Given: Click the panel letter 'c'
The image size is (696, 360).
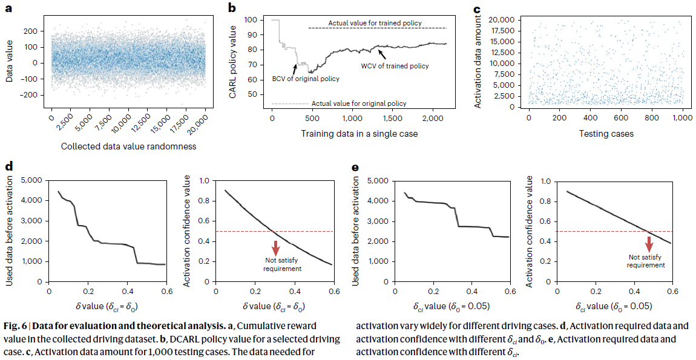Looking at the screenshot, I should [477, 9].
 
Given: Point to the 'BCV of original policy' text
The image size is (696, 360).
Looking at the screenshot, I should [305, 79].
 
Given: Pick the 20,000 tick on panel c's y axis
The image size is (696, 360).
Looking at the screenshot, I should [501, 20].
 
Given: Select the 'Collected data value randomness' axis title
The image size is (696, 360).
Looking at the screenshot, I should [129, 146].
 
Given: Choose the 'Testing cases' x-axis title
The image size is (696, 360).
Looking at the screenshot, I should [606, 133].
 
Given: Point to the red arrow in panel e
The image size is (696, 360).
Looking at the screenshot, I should [648, 244].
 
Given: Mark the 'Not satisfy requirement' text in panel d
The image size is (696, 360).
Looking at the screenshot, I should [278, 264].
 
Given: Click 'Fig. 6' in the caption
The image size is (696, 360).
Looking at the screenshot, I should [16, 326].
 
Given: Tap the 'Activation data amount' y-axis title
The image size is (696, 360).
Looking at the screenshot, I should [478, 62].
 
